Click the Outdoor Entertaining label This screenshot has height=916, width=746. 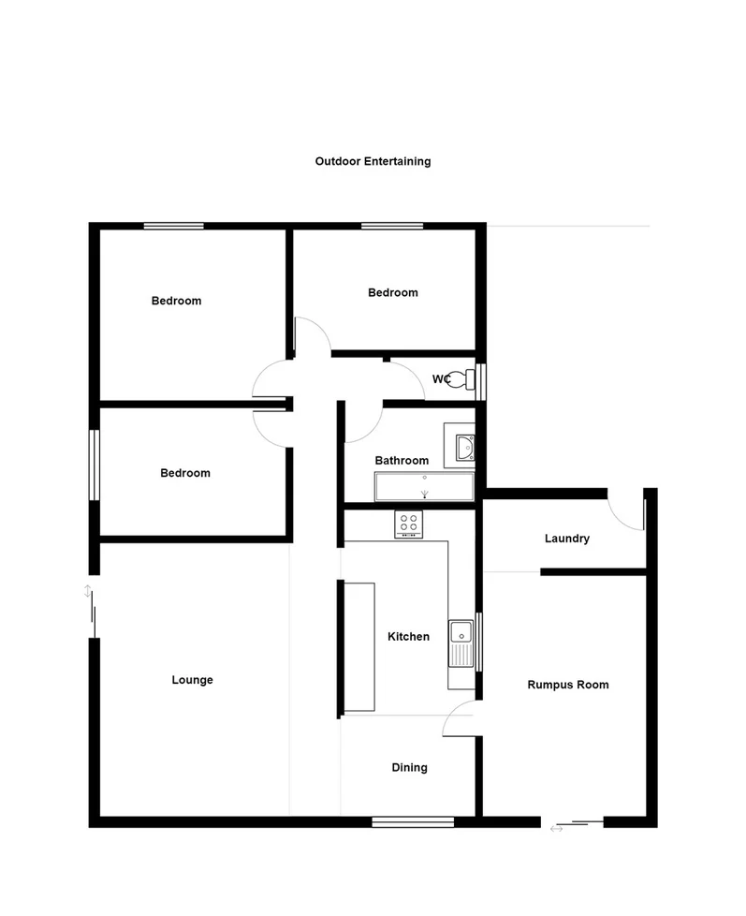373,161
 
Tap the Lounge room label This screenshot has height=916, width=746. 192,680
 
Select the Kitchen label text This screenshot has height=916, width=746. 409,637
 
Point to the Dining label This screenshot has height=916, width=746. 409,768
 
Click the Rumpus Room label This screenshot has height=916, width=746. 567,685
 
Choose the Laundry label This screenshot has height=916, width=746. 567,539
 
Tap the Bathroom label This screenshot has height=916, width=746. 402,461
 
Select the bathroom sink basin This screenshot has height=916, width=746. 464,446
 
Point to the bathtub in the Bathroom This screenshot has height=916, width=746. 425,487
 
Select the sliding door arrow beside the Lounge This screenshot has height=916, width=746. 88,591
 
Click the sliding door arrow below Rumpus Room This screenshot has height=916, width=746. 558,828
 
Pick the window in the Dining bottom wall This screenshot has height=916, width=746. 413,821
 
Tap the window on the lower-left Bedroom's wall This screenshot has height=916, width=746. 94,465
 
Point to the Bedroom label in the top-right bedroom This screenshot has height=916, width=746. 392,293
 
